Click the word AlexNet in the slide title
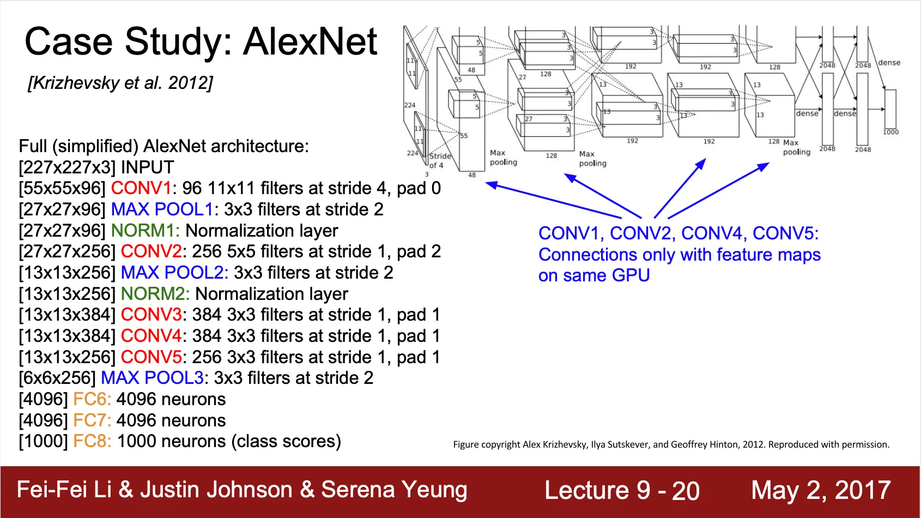pos(310,42)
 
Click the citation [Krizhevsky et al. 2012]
pos(120,83)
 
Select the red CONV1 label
pos(141,188)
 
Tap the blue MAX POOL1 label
pos(162,209)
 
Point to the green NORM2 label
pos(155,294)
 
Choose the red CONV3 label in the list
pos(151,315)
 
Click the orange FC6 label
pos(92,399)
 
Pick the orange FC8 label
pos(92,441)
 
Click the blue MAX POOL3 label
pos(152,378)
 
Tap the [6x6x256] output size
pos(57,378)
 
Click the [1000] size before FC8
pos(43,441)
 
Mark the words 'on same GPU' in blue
pos(594,275)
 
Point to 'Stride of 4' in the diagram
pos(439,160)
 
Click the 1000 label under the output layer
pos(890,132)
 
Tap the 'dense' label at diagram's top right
pos(889,63)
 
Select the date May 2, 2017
pos(821,490)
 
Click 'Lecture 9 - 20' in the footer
pos(622,490)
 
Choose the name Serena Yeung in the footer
pos(394,490)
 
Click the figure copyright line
pos(671,444)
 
